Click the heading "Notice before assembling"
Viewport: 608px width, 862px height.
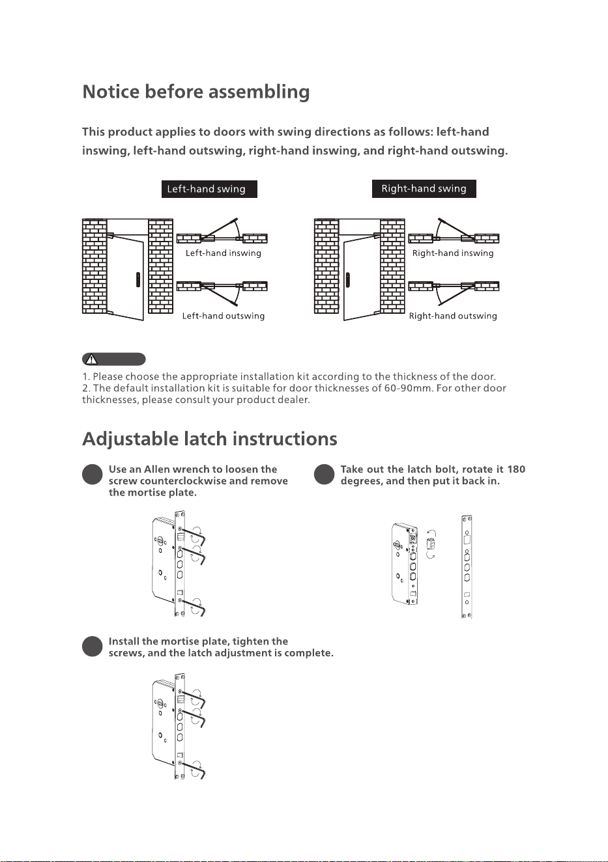pos(195,92)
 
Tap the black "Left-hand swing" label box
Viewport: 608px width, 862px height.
pos(209,189)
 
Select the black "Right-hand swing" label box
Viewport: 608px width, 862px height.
pos(424,189)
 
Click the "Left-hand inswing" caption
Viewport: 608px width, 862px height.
pos(223,253)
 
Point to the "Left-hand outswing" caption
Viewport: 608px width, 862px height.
pos(223,316)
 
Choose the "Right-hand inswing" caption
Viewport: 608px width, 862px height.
pos(453,253)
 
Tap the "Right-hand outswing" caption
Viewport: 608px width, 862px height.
pos(453,316)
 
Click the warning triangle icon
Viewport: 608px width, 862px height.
pos(91,359)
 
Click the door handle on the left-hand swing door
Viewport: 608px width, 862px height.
pos(138,280)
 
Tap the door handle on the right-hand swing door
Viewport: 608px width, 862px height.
pos(348,280)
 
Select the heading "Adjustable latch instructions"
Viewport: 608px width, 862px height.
pos(210,439)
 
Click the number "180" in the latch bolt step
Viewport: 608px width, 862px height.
pos(516,469)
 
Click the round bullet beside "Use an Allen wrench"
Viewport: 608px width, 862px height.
pos(93,474)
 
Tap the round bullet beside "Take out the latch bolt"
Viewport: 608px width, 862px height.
pos(324,474)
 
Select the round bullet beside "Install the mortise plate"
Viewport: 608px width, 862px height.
pos(93,646)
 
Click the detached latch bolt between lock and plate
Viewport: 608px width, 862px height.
pos(431,544)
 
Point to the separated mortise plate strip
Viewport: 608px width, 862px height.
pos(467,566)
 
